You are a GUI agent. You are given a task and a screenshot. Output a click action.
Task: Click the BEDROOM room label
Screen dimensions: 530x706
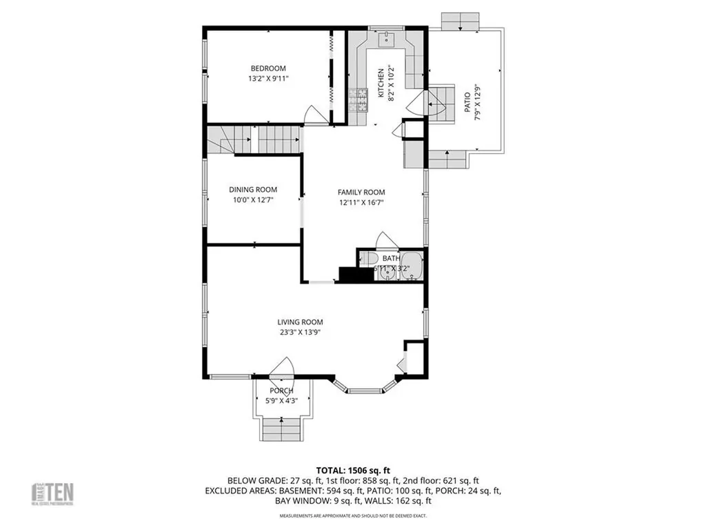[268, 68]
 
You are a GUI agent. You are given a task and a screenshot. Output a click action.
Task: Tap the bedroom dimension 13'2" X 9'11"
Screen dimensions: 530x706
[268, 79]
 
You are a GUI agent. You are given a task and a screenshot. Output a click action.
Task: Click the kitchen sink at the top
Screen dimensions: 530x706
[387, 39]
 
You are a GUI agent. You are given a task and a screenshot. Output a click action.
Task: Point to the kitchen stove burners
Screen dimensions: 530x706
[359, 101]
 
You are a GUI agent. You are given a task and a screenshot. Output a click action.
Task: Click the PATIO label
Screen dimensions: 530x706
[467, 103]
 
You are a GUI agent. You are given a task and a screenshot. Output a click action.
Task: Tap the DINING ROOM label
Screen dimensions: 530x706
[253, 190]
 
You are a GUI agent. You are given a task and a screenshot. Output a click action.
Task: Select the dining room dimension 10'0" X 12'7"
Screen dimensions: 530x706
[253, 201]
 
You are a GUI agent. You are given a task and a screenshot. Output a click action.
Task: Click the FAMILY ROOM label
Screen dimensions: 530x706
[361, 192]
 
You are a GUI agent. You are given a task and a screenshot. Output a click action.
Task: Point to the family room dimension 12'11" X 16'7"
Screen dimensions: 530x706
[361, 203]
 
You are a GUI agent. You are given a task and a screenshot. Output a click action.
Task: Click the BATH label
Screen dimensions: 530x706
[391, 258]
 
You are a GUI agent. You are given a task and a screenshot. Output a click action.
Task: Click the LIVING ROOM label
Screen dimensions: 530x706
[300, 322]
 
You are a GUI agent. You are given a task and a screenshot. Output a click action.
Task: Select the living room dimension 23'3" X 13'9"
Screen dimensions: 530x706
[300, 332]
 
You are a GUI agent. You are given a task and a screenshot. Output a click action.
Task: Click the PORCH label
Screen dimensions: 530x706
[281, 391]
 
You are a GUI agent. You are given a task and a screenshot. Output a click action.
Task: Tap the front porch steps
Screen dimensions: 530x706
[281, 429]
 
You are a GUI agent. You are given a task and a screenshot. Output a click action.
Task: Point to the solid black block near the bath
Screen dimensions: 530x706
[349, 274]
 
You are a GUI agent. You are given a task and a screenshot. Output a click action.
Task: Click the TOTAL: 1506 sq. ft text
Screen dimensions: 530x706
[352, 469]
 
